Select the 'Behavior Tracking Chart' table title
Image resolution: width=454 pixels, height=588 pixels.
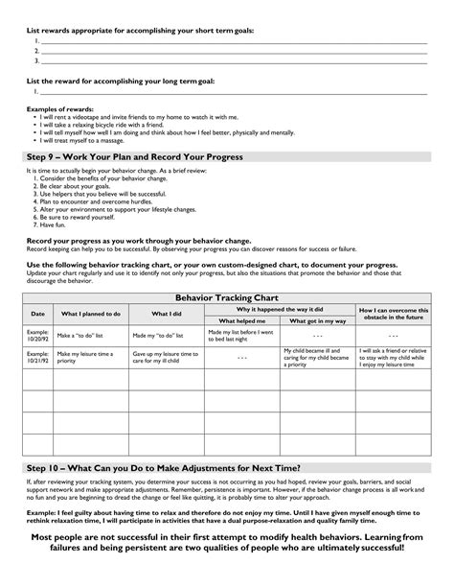tap(226, 298)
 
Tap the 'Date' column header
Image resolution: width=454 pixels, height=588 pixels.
tap(38, 314)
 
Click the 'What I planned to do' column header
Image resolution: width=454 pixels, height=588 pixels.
tap(91, 314)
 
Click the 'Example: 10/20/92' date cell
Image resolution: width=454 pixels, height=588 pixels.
tap(38, 336)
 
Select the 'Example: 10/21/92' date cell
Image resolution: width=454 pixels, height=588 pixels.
tap(38, 359)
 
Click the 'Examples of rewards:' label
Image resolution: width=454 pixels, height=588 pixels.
tap(56, 110)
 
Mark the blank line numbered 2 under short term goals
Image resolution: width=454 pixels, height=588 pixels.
tap(230, 50)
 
